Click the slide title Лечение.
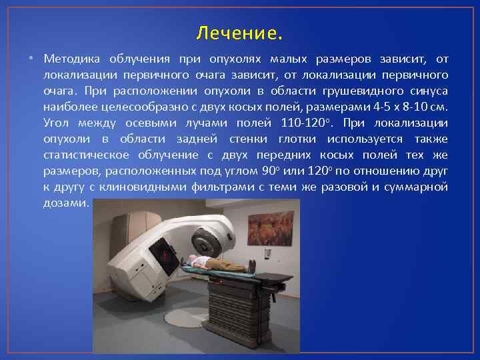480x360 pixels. (x=240, y=32)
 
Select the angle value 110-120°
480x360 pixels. (x=305, y=123)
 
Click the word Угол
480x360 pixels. (x=58, y=123)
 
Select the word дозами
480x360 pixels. (x=65, y=203)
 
